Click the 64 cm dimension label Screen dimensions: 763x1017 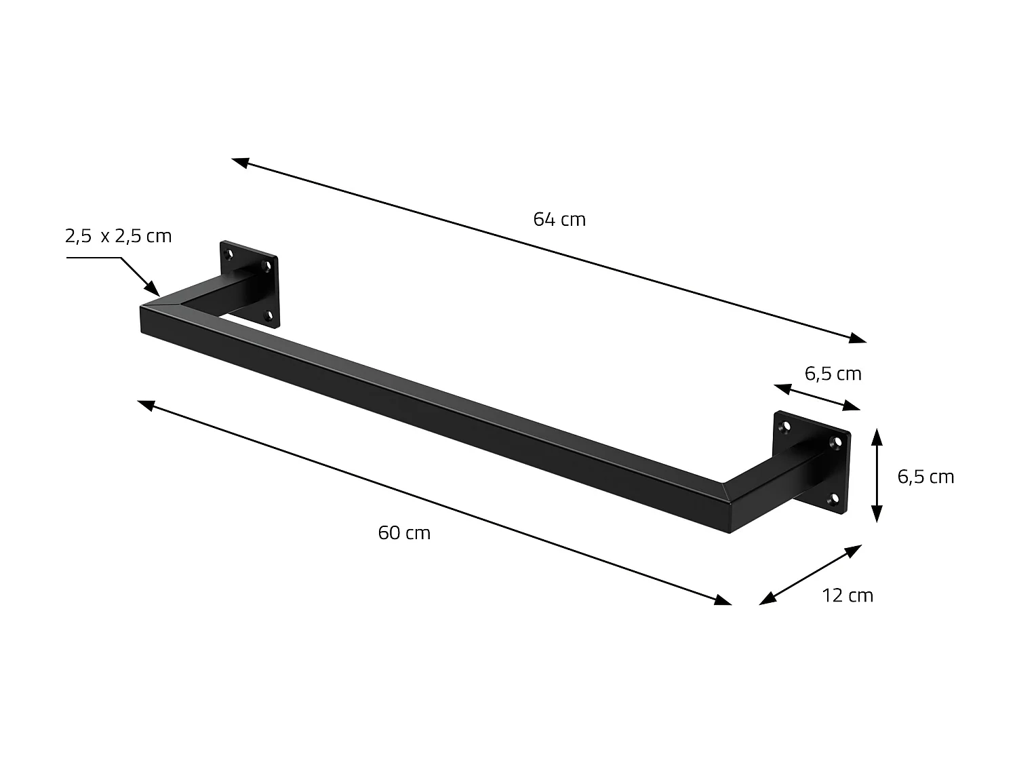click(559, 219)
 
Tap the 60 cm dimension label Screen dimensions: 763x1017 click(404, 532)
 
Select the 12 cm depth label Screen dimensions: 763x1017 click(848, 595)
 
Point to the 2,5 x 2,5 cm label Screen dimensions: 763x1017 click(118, 236)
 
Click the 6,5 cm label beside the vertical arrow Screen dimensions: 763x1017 click(925, 477)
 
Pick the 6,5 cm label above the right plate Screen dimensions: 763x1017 click(833, 374)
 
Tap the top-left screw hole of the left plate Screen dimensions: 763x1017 click(229, 255)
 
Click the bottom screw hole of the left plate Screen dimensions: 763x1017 click(269, 315)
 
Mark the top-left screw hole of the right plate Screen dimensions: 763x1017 click(787, 427)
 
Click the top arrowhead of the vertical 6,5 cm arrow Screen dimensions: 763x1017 click(877, 434)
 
